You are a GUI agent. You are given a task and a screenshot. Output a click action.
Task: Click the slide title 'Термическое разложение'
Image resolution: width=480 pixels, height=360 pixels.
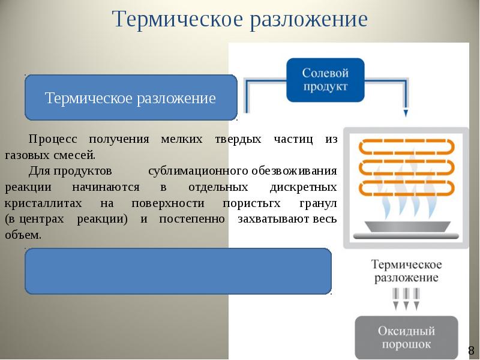(239, 19)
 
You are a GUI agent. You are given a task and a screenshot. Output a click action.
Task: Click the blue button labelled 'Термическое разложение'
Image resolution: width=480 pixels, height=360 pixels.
(130, 98)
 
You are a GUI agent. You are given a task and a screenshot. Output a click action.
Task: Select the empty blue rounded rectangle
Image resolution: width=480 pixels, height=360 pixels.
(178, 271)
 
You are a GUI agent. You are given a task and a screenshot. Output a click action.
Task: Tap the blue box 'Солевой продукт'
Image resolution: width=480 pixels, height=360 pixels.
(325, 79)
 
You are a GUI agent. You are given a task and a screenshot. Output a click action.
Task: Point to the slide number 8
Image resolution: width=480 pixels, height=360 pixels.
(472, 350)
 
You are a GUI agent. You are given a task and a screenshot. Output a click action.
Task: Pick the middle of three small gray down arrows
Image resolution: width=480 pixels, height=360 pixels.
(406, 298)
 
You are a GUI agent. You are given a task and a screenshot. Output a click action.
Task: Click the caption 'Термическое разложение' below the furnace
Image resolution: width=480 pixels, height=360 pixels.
(406, 271)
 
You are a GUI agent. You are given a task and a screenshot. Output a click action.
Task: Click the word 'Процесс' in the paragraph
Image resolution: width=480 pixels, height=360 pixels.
(53, 139)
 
